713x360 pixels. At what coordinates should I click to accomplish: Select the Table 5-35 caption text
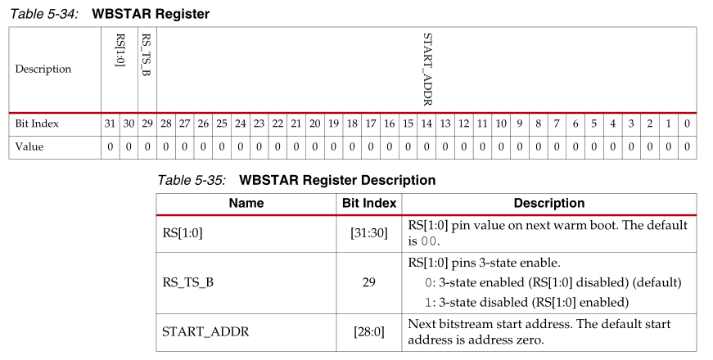(296, 179)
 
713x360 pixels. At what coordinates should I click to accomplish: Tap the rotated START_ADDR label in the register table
(426, 70)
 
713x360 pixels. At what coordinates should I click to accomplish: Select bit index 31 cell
(110, 124)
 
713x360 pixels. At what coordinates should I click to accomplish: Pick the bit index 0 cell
(687, 124)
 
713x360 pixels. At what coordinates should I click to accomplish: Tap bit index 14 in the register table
(426, 124)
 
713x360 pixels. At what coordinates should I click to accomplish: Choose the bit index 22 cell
(278, 124)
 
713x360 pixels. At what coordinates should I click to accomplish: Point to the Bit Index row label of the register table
(37, 124)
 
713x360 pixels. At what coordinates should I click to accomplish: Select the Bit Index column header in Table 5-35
(368, 203)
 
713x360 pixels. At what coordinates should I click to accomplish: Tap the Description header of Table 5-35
(548, 203)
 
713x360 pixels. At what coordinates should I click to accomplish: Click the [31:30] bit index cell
(368, 232)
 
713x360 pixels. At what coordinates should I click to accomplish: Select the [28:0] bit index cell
(368, 332)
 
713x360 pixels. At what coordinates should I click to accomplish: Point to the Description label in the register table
(43, 70)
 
